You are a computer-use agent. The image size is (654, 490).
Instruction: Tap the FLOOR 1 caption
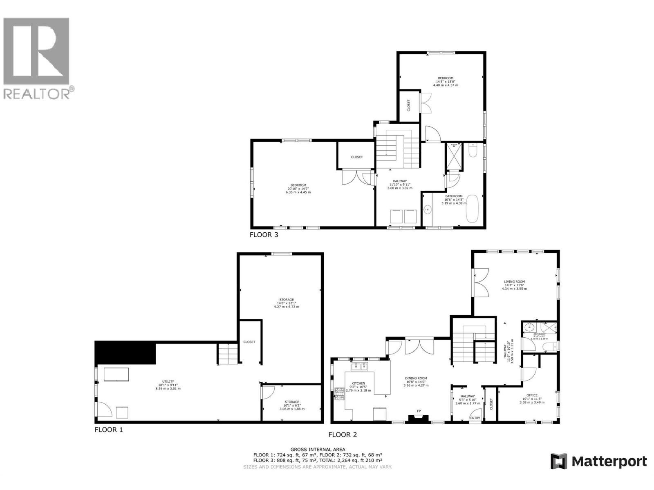[108, 430]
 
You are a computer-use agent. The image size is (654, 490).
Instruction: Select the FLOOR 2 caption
[343, 435]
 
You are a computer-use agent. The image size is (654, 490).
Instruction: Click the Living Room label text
[514, 281]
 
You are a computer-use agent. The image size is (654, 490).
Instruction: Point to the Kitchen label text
[358, 383]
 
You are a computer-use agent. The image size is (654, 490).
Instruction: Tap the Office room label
[532, 395]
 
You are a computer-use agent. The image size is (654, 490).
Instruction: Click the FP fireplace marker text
[419, 411]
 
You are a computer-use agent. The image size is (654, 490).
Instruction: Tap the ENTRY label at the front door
[475, 418]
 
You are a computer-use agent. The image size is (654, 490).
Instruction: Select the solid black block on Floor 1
[125, 353]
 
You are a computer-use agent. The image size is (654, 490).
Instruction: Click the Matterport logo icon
[559, 461]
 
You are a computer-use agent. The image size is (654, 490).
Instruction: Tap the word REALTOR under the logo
[37, 94]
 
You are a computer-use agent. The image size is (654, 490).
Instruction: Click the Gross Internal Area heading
[318, 449]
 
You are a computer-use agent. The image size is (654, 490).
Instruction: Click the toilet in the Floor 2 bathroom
[548, 347]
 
